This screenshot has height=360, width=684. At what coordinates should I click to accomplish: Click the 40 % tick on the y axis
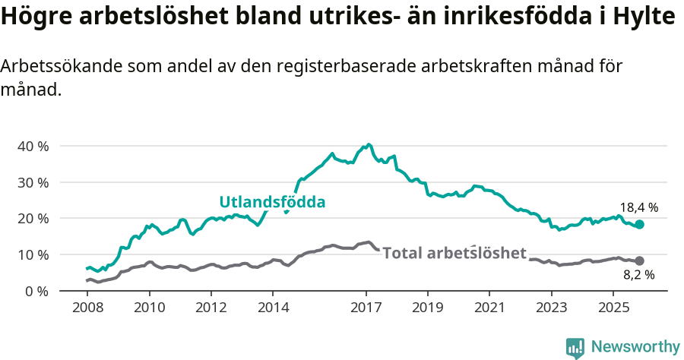pos(33,146)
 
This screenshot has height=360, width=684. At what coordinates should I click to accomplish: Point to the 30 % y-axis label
pos(33,182)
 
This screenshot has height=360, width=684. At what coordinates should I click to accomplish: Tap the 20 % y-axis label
pos(33,219)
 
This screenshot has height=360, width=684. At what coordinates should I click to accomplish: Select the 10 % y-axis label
pos(33,255)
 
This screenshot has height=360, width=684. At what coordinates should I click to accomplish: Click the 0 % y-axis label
pos(36,291)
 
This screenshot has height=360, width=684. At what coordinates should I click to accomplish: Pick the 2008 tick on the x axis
pos(87,308)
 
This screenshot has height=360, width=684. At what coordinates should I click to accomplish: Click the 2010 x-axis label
pos(149,308)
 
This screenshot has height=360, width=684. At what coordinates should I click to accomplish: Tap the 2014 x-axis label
pos(273,308)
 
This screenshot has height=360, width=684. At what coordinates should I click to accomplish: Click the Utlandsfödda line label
pos(272,202)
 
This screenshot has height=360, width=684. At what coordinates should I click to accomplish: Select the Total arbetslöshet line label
pos(454,253)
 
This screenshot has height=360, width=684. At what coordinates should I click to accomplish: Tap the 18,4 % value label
pos(638,207)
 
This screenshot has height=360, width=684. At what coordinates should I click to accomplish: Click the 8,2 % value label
pos(638,275)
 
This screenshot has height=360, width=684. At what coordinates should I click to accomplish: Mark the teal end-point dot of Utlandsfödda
pos(640,224)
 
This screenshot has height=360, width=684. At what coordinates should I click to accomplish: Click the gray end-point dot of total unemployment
pos(640,261)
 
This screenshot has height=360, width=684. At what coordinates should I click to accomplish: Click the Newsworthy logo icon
pos(575,347)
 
